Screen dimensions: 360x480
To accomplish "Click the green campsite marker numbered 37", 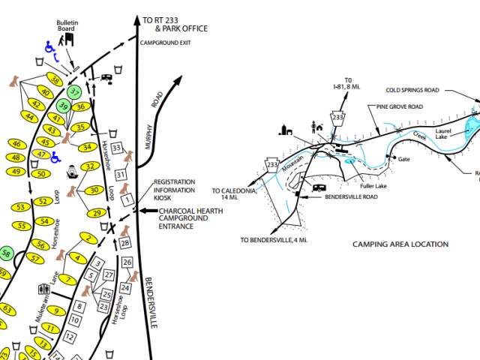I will coord(74,93).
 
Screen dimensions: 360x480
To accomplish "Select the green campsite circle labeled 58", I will coord(6,253).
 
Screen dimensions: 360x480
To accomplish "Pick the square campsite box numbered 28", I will coord(125,242).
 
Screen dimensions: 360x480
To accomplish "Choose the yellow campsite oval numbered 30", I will coord(94,190).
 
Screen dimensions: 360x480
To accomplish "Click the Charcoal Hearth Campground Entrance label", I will coord(190,218).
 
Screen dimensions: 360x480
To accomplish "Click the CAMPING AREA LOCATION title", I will coord(400,244).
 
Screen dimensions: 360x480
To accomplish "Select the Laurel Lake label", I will coord(451,133).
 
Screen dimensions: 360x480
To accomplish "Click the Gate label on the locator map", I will coord(404,159).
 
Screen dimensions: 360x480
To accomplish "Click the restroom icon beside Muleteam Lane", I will coord(43,289).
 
